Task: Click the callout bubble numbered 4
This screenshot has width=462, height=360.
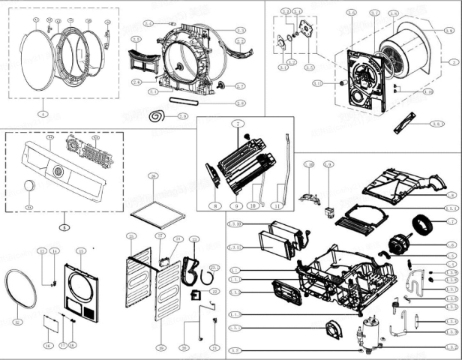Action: [42, 113]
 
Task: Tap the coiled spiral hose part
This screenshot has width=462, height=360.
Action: [159, 116]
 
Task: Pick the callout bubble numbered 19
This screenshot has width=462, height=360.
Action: [160, 348]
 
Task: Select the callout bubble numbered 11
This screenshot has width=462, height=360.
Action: [277, 205]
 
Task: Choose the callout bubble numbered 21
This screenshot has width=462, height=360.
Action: [214, 348]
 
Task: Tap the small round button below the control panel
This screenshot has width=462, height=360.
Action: [29, 186]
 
